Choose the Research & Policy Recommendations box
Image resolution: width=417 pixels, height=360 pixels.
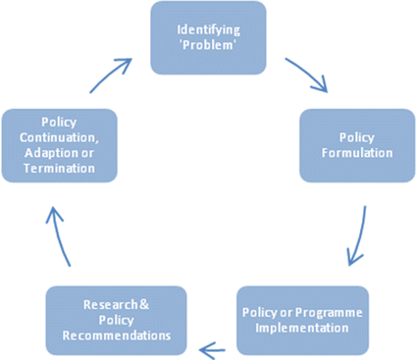117,320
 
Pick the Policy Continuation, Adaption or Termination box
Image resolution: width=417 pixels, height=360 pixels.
60,145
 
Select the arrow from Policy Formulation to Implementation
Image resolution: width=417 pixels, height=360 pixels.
358,236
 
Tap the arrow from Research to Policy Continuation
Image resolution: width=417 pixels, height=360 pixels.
61,236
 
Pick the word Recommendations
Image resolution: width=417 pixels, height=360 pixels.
117,336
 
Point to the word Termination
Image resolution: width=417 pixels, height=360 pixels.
60,169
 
